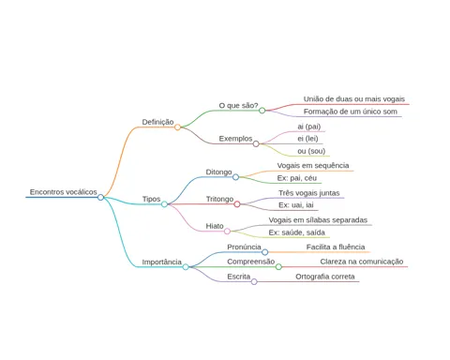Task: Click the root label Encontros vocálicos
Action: (x=64, y=192)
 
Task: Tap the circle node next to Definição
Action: (x=177, y=127)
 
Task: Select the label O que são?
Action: (x=238, y=106)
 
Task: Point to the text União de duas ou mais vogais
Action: (x=354, y=99)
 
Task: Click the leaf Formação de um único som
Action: (x=351, y=112)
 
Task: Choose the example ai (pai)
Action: (x=309, y=127)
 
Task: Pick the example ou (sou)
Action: (x=311, y=151)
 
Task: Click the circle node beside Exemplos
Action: (x=256, y=143)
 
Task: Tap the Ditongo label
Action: (x=218, y=172)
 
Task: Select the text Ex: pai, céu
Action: (x=297, y=178)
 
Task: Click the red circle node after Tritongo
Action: (x=237, y=204)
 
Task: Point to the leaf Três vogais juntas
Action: (x=309, y=193)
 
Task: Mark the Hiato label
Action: (x=215, y=226)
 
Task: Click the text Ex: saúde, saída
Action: (x=297, y=232)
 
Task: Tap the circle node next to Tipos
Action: (x=164, y=204)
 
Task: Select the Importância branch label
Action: (x=162, y=262)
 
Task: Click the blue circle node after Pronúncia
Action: (x=264, y=252)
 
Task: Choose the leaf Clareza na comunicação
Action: (x=362, y=262)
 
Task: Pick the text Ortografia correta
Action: (x=325, y=277)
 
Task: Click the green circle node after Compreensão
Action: (x=278, y=267)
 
